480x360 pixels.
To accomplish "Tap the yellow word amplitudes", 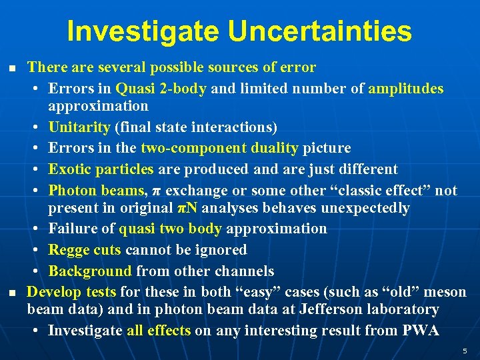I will point(405,89).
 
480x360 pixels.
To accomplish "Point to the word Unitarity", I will point(79,127).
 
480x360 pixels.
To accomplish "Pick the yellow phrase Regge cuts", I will point(85,250).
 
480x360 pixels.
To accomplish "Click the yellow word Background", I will point(90,271).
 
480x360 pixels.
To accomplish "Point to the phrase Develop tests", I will point(71,292).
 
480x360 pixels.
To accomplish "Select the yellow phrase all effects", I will point(159,331).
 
